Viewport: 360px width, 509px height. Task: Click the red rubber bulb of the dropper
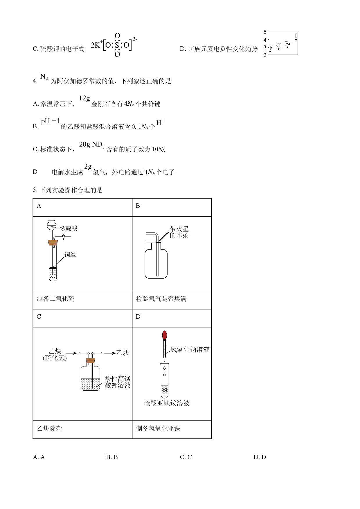[165, 335]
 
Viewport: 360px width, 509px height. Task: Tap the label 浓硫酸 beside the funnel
[69, 228]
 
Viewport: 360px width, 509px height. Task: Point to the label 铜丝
[70, 255]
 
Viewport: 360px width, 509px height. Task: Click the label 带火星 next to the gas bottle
[179, 229]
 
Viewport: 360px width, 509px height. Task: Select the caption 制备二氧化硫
[56, 299]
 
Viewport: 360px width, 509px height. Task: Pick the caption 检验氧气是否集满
[161, 299]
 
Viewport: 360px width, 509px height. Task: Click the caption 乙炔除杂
[49, 429]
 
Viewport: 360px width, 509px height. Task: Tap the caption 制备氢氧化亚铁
[158, 429]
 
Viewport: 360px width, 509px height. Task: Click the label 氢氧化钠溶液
[190, 350]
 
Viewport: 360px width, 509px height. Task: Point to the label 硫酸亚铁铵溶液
[167, 403]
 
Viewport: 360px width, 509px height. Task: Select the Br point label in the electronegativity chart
[288, 44]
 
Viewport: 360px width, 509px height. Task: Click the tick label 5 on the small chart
[265, 32]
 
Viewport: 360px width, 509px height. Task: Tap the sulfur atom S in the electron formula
[117, 45]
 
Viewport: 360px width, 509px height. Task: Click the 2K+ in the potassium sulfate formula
[96, 45]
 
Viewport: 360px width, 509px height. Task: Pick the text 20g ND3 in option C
[92, 145]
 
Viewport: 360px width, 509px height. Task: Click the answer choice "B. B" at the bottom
[112, 457]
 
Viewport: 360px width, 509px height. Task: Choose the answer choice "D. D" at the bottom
[260, 457]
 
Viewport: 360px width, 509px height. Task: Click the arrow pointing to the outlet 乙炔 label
[110, 353]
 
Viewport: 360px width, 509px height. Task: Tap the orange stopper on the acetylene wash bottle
[90, 361]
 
